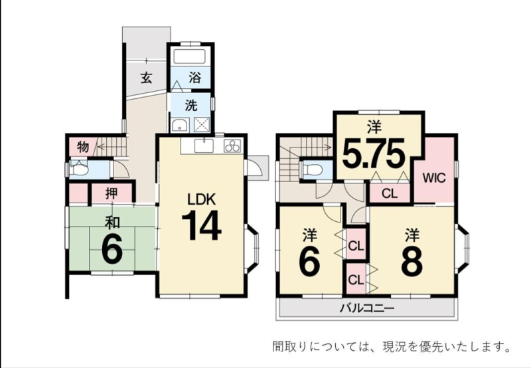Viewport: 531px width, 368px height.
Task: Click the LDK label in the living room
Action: [202, 199]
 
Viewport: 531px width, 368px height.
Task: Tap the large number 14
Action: [202, 225]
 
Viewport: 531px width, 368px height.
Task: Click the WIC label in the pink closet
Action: [434, 178]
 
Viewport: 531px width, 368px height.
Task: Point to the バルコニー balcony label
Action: [367, 308]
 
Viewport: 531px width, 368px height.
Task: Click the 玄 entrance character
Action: [146, 78]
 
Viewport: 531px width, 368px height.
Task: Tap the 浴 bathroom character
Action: [194, 78]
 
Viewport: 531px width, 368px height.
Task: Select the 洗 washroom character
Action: [191, 106]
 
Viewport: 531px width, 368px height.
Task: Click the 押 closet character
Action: [112, 193]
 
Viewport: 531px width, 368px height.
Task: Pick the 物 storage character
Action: [83, 147]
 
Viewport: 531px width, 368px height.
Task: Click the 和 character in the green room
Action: [112, 223]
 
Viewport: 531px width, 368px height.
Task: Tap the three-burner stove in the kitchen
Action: [232, 146]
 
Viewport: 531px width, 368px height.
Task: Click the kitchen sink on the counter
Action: [204, 146]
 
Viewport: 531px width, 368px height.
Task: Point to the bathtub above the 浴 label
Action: [190, 56]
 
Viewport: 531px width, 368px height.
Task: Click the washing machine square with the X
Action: [202, 125]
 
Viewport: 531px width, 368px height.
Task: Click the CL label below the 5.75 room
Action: [390, 193]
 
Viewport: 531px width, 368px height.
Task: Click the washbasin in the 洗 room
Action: [179, 125]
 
